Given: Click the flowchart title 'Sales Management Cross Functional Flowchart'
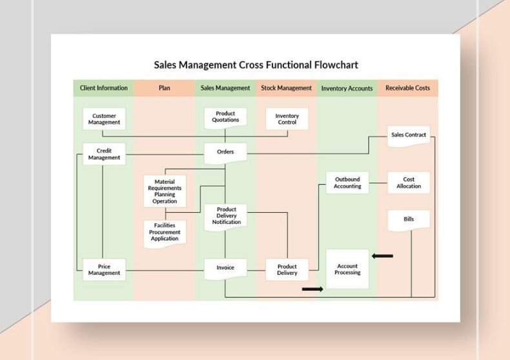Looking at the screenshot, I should [256, 65].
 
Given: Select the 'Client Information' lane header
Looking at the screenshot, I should [104, 88].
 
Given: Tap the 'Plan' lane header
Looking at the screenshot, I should [165, 88].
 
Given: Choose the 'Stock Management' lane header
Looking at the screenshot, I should [286, 88].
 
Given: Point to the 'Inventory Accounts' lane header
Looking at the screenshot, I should [347, 88].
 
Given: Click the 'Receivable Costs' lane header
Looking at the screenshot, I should [407, 88].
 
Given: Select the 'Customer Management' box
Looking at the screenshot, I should [104, 119].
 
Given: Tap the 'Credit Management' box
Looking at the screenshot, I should [104, 154].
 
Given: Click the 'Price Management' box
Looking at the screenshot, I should [104, 270].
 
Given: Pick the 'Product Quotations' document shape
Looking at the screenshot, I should [225, 117].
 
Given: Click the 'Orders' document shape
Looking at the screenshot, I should [225, 152].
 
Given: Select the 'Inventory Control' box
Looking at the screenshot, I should [287, 119].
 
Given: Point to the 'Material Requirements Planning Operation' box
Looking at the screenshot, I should [165, 192].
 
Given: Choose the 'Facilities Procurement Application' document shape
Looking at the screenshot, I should [165, 233].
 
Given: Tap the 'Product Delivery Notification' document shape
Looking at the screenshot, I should [226, 216].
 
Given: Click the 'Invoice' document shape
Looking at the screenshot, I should [225, 268].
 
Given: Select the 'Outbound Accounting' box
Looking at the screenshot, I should [347, 183].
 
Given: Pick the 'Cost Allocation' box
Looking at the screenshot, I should [409, 183].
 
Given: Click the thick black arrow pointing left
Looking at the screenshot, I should [382, 256].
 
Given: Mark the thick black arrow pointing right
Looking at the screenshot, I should [312, 289].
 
